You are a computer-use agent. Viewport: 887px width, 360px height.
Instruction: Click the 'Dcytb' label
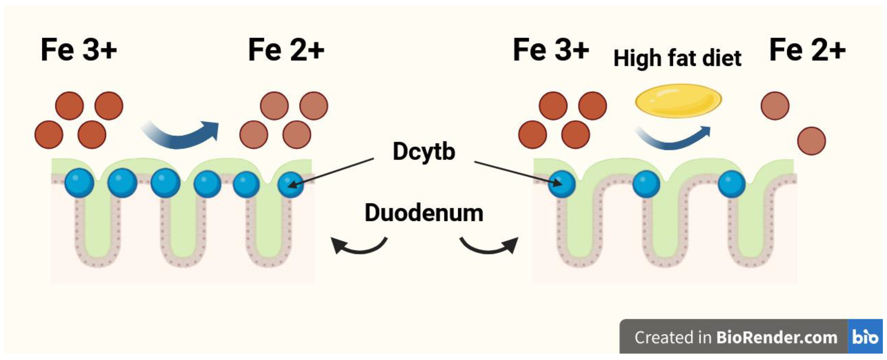coord(424,151)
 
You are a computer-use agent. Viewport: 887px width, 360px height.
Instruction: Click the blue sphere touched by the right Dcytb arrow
coord(561,184)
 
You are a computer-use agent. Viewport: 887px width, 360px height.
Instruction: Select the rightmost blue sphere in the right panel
coord(732,184)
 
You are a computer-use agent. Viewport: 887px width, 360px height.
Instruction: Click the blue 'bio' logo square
coord(865,337)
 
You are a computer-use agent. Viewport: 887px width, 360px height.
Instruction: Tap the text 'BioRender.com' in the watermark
coord(777,337)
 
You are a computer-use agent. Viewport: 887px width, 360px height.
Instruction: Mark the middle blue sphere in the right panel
coord(646,184)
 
